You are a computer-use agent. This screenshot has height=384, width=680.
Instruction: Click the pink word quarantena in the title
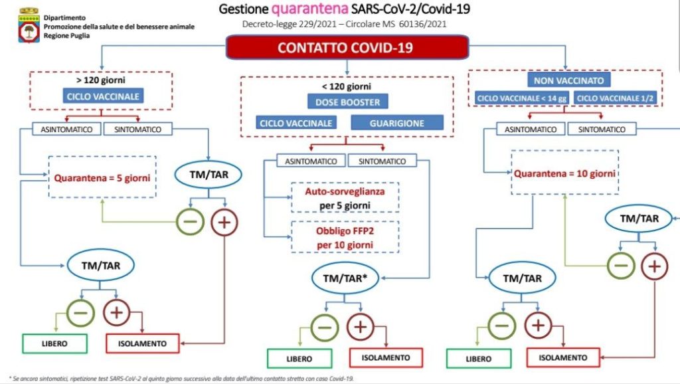[311, 9]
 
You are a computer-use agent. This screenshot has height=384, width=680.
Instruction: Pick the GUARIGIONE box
[396, 122]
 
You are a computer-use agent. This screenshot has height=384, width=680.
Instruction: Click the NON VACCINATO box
[566, 80]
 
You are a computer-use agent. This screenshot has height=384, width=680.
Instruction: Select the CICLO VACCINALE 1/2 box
[614, 98]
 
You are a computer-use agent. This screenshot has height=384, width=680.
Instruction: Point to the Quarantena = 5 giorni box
[102, 177]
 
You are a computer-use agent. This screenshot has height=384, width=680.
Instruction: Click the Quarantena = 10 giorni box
[564, 173]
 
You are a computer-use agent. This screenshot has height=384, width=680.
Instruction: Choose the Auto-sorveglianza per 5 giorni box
[344, 198]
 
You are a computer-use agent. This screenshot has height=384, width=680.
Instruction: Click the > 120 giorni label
[102, 81]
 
